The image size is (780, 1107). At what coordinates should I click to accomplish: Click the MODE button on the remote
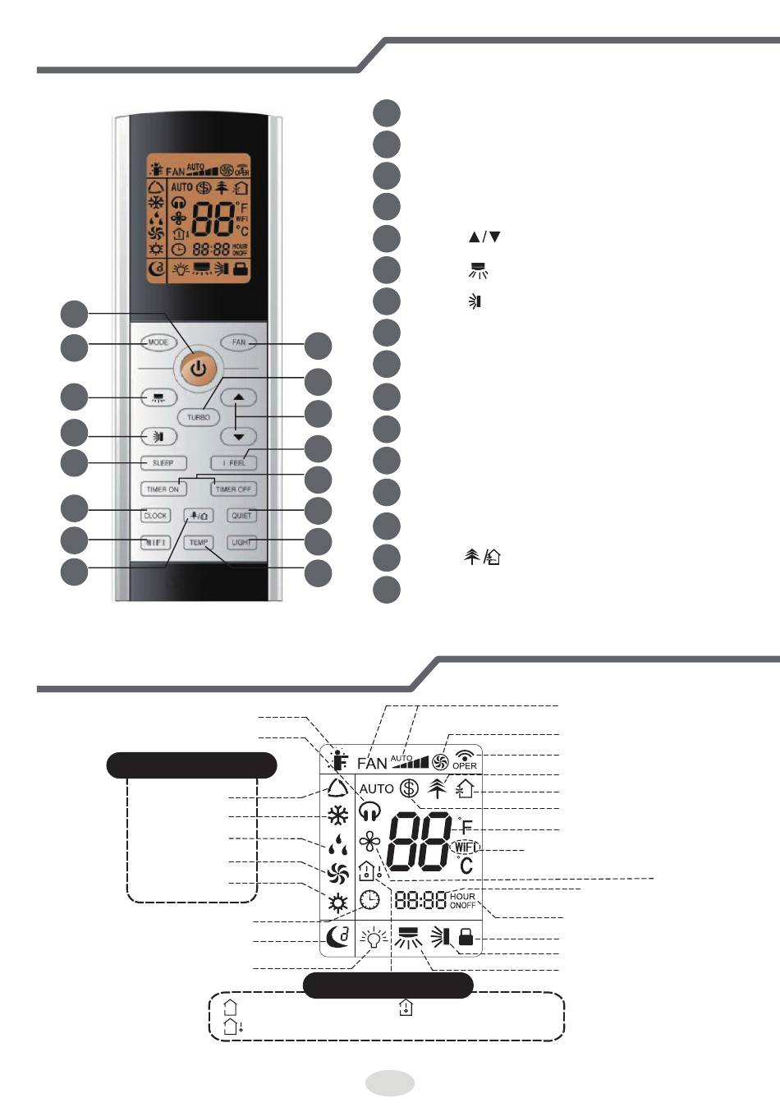158,342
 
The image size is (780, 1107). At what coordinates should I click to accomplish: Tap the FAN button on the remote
239,342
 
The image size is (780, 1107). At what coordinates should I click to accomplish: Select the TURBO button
199,416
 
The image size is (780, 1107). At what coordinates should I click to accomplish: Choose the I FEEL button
234,462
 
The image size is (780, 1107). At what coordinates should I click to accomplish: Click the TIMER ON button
163,489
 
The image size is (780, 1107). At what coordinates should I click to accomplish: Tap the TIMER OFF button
233,489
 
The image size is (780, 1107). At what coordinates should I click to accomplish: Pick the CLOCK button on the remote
155,516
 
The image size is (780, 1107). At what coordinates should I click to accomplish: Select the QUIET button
241,516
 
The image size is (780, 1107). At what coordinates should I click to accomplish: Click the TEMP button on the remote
199,542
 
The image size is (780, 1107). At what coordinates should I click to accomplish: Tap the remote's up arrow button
239,397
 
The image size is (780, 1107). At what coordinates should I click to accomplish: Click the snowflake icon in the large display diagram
337,815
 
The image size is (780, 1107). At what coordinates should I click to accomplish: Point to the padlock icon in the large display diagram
466,937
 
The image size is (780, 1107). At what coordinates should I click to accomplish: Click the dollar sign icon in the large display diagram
409,788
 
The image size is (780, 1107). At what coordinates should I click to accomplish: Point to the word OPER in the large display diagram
465,765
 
